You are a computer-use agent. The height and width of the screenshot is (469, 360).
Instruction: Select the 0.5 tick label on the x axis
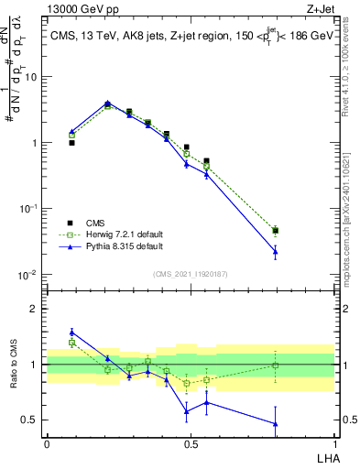191,444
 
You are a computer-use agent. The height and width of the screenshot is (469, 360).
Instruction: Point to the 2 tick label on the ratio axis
35,309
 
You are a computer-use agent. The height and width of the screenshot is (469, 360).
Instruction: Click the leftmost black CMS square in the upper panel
71,143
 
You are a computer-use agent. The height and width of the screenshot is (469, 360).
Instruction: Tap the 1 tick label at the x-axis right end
334,444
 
